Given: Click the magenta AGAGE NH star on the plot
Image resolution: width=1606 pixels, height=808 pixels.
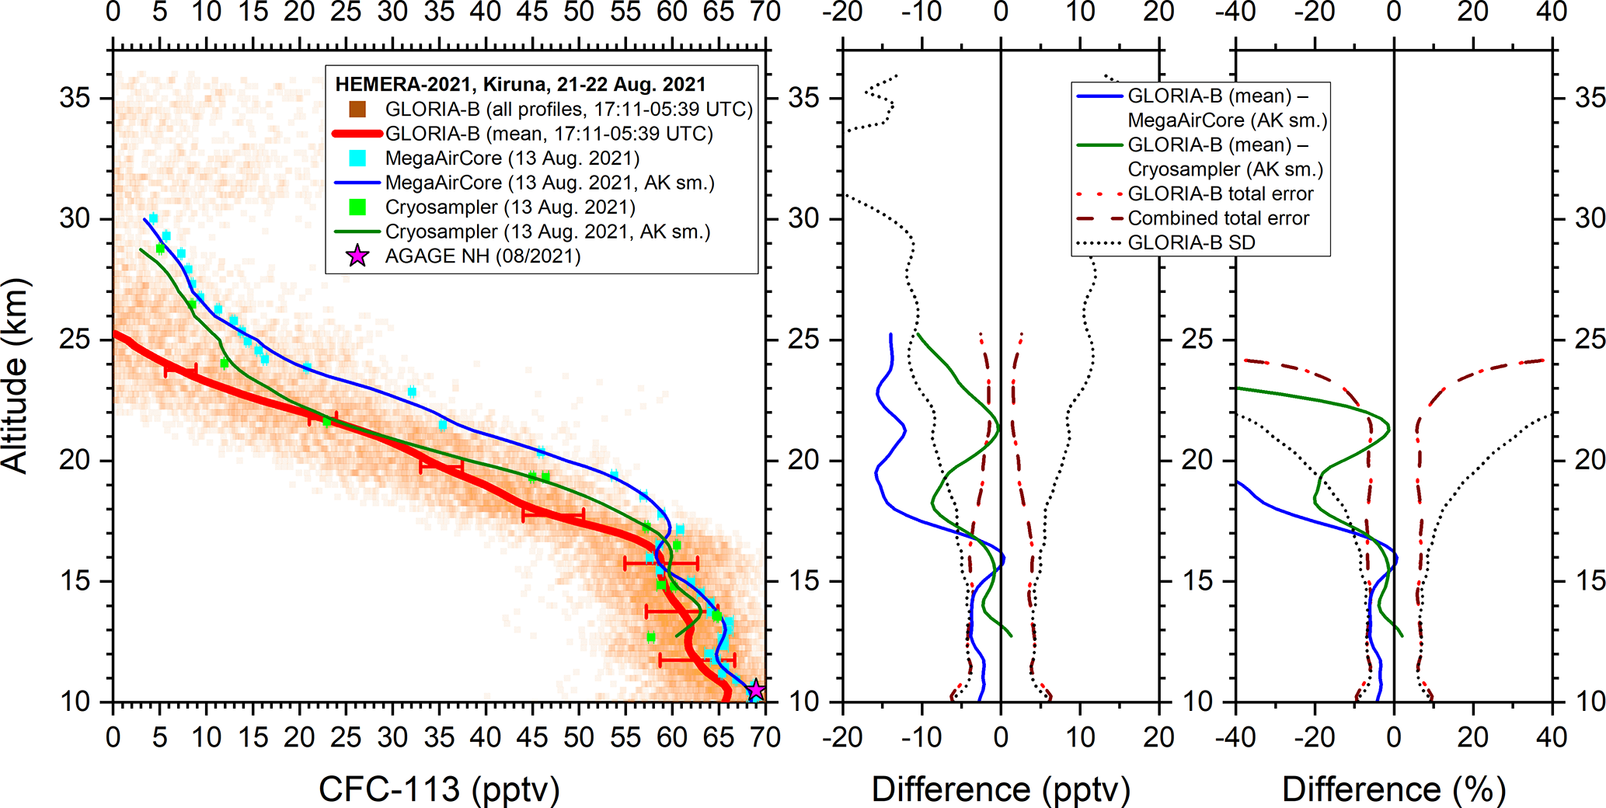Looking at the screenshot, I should [x=755, y=689].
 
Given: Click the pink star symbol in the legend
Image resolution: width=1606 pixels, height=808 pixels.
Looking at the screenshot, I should [x=357, y=256].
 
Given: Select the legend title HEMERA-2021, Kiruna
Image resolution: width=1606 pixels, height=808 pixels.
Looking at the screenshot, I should [x=520, y=84].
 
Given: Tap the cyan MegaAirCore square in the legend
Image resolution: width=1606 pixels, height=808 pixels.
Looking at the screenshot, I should [x=357, y=158].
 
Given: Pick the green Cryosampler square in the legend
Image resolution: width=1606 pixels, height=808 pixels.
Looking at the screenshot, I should [x=357, y=207].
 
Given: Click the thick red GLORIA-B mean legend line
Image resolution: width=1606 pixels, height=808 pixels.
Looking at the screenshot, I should [x=357, y=134].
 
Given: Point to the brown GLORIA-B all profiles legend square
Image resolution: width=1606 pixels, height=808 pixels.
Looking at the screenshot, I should [x=357, y=109].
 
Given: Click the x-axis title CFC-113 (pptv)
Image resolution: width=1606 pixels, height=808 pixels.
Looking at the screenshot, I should [x=439, y=789].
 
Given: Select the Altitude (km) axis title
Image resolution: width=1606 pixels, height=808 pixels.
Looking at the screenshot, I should [x=15, y=375].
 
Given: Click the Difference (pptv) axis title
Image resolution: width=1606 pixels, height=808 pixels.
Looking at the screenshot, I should [x=1001, y=789].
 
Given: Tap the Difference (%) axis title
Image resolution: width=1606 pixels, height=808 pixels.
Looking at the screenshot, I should [x=1394, y=789].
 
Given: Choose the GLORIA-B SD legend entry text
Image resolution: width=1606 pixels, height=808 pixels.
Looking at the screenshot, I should [x=1191, y=243].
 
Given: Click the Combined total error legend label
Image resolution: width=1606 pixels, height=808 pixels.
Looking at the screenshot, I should [x=1218, y=218].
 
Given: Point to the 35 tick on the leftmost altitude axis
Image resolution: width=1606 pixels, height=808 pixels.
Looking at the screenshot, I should [x=75, y=98].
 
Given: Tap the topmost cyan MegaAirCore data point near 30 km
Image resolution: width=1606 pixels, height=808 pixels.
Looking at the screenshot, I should [x=153, y=218].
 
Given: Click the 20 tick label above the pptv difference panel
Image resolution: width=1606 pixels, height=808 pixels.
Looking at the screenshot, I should [x=1159, y=12].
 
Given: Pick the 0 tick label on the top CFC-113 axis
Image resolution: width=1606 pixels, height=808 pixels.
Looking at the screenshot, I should [x=113, y=12].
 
